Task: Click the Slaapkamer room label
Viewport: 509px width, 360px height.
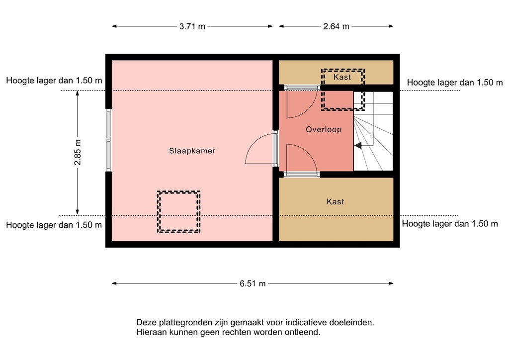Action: click(192, 151)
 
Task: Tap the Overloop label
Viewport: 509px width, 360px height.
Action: click(324, 129)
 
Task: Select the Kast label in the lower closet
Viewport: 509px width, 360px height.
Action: click(335, 202)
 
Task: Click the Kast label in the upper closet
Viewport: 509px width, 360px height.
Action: click(342, 77)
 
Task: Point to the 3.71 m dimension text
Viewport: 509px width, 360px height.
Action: click(192, 27)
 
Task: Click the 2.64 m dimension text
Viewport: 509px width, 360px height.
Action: click(336, 27)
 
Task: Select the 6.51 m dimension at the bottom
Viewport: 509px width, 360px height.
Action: click(253, 283)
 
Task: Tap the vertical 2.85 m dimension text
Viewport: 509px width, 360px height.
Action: click(77, 153)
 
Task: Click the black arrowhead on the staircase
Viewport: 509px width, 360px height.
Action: click(357, 145)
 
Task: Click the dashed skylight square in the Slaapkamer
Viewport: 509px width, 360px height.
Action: click(178, 212)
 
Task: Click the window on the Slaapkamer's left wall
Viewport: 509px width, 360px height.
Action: click(108, 140)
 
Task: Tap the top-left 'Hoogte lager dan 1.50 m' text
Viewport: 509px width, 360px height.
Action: click(54, 81)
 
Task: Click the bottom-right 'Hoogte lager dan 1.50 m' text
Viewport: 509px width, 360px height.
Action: click(450, 224)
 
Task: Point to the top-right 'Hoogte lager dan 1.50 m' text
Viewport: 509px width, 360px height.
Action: click(455, 83)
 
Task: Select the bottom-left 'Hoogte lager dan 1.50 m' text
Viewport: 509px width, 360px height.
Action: click(54, 225)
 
